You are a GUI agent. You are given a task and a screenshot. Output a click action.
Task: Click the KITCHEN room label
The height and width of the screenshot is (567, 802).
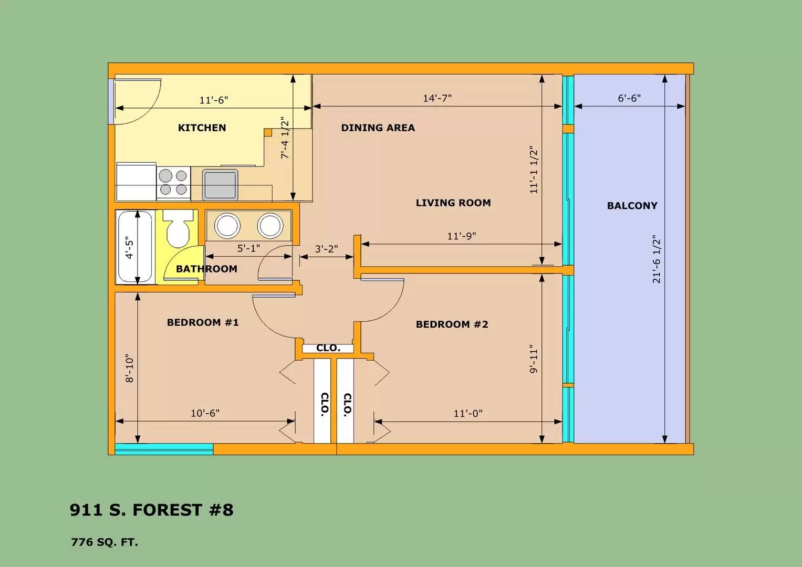pyautogui.click(x=202, y=128)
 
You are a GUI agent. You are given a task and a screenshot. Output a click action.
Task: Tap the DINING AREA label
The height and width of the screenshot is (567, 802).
pyautogui.click(x=378, y=128)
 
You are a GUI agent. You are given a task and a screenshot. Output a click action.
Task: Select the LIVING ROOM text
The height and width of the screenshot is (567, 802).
pyautogui.click(x=453, y=203)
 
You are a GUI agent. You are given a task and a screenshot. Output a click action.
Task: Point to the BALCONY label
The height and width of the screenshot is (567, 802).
pyautogui.click(x=632, y=206)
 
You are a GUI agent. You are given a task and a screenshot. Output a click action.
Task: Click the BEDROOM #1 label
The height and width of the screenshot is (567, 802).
pyautogui.click(x=203, y=322)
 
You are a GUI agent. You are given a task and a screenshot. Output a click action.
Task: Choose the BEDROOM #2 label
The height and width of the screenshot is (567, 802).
pyautogui.click(x=452, y=324)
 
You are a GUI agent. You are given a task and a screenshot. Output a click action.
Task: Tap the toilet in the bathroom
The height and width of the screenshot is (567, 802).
pyautogui.click(x=178, y=228)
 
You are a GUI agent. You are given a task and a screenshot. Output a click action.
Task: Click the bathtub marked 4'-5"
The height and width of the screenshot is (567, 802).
pyautogui.click(x=135, y=247)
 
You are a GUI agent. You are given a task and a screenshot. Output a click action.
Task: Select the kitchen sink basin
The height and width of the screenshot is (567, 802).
pyautogui.click(x=220, y=185)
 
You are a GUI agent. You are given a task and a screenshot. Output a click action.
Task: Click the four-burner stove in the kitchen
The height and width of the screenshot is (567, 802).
pyautogui.click(x=173, y=183)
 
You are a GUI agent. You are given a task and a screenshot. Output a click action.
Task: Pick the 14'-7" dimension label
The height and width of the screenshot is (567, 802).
pyautogui.click(x=437, y=98)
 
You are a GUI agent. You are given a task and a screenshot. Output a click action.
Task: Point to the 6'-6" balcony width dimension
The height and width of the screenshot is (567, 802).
pyautogui.click(x=629, y=98)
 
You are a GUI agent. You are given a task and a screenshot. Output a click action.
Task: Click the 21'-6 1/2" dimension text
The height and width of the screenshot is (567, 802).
pyautogui.click(x=657, y=259)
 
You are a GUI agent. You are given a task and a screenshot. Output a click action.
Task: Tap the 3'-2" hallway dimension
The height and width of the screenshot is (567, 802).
pyautogui.click(x=326, y=248)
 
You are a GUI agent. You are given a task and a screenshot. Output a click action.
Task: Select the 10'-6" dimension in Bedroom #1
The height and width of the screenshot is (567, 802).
pyautogui.click(x=205, y=414)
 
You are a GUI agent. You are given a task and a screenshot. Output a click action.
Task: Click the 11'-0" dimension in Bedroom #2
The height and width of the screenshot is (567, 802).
pyautogui.click(x=468, y=414)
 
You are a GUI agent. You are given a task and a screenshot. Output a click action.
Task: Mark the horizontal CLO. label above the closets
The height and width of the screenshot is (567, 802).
pyautogui.click(x=328, y=348)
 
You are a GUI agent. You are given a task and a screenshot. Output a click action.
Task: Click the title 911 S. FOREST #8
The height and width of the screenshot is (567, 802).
pyautogui.click(x=151, y=510)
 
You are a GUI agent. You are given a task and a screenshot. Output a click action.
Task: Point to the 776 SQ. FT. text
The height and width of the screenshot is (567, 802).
pyautogui.click(x=105, y=542)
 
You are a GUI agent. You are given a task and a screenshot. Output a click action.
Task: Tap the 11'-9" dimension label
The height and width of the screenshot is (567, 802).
pyautogui.click(x=462, y=236)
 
